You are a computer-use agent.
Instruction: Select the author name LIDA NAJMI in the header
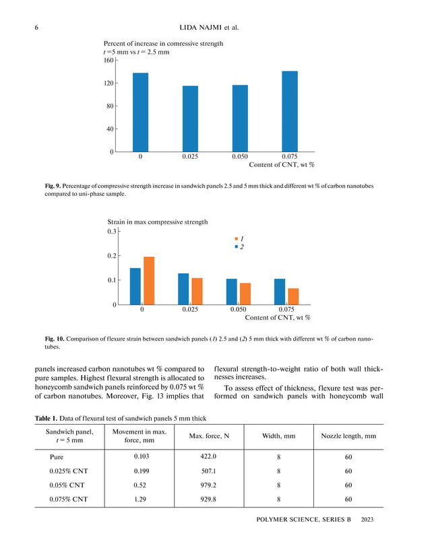[x=200, y=28]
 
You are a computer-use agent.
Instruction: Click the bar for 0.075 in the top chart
[x=289, y=112]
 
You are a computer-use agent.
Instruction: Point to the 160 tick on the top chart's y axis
[x=108, y=61]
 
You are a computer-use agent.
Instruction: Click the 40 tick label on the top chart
[x=108, y=129]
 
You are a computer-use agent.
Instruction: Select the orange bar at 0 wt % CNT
[x=149, y=281]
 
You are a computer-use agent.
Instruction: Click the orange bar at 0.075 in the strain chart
[x=293, y=296]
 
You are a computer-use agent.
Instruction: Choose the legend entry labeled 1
[x=239, y=239]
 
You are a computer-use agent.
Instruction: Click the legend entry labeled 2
[x=239, y=247]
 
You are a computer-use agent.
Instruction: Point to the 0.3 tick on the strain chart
[x=112, y=232]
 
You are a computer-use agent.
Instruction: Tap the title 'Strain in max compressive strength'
[x=158, y=221]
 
